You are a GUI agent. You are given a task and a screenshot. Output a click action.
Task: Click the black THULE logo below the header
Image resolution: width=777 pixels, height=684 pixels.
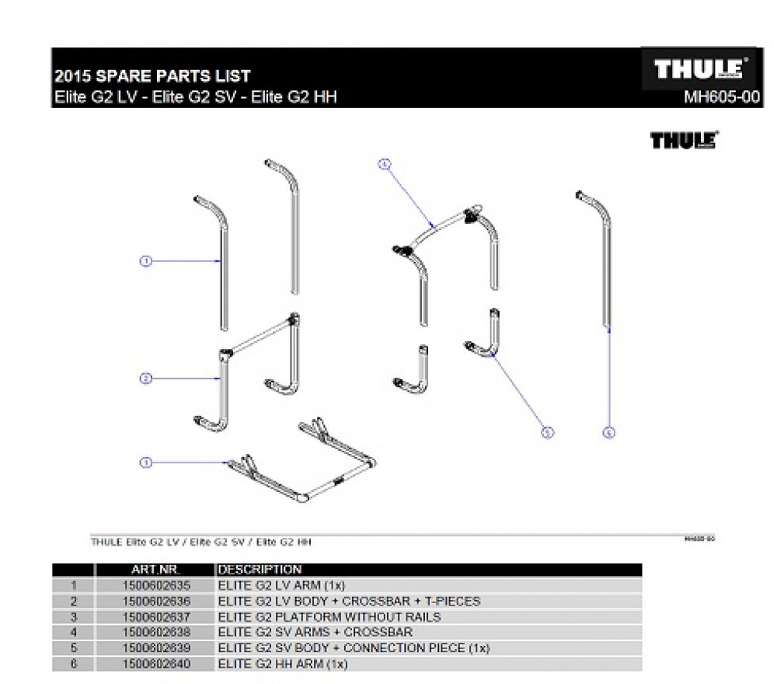click(683, 141)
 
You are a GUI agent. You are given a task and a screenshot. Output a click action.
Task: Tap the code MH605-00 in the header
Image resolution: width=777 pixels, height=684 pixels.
click(720, 98)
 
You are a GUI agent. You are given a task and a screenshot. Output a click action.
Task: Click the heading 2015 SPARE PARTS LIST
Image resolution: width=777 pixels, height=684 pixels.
click(152, 76)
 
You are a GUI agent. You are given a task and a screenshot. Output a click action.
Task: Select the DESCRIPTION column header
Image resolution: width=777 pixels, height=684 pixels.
click(260, 570)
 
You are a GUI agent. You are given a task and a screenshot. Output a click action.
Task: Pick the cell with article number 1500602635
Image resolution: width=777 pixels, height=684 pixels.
click(156, 585)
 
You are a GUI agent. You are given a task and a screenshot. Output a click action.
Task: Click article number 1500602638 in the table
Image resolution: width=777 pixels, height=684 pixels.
click(156, 632)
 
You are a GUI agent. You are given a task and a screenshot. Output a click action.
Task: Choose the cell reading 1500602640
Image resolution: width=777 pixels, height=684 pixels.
click(156, 663)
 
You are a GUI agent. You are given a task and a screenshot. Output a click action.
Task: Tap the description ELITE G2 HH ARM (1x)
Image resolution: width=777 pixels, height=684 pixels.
click(284, 663)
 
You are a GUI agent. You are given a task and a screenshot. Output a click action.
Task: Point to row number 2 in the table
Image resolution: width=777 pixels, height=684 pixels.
click(74, 601)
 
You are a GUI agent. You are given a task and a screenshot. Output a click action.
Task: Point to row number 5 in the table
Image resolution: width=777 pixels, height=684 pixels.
click(74, 647)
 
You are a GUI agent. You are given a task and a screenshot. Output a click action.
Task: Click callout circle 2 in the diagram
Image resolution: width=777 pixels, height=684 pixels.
click(145, 379)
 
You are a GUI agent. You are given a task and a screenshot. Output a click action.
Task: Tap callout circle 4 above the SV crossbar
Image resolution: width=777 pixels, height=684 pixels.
click(383, 164)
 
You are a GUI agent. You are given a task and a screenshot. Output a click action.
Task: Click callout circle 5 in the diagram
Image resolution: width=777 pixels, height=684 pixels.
click(547, 432)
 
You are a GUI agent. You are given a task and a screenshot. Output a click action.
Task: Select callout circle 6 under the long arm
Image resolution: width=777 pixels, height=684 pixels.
click(609, 432)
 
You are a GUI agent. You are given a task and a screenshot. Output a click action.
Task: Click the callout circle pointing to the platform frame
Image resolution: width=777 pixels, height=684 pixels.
click(145, 462)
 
